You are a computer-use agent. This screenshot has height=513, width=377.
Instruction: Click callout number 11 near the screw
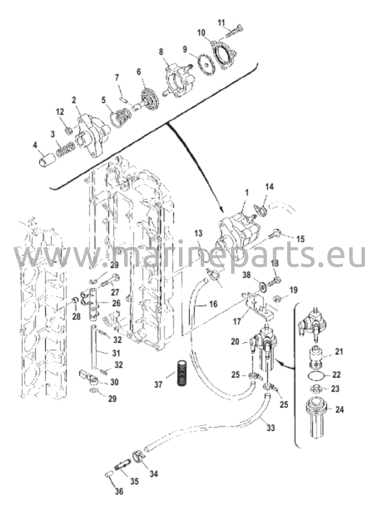click(x=221, y=23)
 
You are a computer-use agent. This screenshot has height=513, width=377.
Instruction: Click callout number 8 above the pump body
click(x=161, y=52)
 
